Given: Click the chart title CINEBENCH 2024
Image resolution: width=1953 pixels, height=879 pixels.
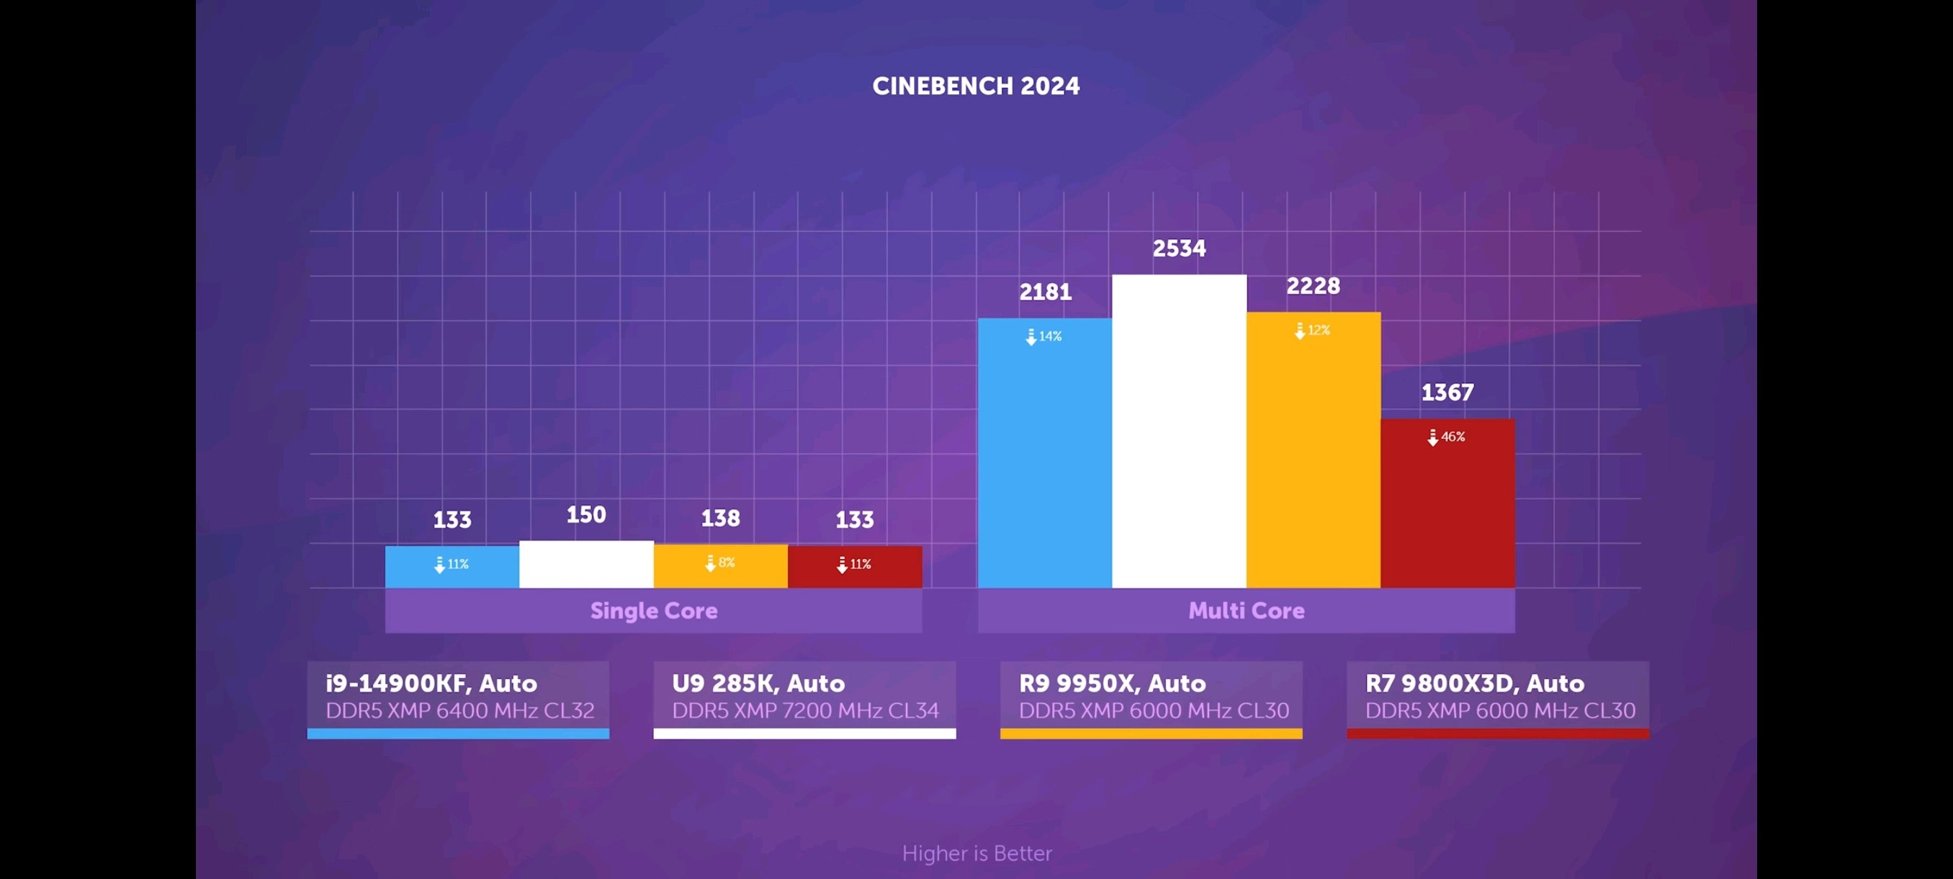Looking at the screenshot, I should coord(976,86).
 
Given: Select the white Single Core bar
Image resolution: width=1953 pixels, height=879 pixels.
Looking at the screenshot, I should coord(586,564).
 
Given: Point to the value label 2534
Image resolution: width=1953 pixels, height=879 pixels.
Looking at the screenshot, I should coord(1179,248).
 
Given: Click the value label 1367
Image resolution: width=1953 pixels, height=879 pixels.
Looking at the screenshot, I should coord(1447,392).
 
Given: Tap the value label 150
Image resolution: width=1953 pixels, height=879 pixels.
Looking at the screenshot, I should coord(586,515).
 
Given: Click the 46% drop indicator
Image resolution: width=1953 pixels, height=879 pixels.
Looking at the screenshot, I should coord(1447,437).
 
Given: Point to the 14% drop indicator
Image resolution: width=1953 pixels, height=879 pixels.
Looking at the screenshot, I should coord(1044,336).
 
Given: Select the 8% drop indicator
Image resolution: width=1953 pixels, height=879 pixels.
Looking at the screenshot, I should coord(719,563).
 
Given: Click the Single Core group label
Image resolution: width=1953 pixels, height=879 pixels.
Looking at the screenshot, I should coord(654,610).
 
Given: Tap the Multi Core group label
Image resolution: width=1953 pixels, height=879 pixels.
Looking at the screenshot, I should coord(1247,610).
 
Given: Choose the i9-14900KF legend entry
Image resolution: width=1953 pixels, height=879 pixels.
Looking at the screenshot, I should coord(458,697).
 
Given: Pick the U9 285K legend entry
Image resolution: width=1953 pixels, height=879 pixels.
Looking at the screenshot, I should coord(804,697).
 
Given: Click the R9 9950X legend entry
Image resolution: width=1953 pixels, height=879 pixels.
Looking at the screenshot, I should coord(1151,697).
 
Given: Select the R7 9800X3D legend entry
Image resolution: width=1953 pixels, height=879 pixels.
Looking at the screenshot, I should coord(1497,697).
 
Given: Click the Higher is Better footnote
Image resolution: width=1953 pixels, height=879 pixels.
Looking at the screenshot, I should coord(976,853).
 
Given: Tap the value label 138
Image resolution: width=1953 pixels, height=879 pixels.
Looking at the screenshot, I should coord(720,518).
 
